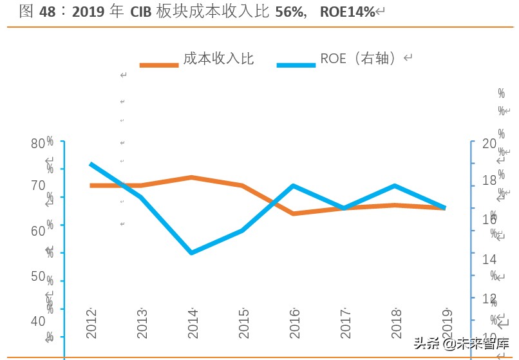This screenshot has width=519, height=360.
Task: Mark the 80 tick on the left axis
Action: (x=39, y=143)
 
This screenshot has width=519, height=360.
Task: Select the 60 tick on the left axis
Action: (x=39, y=230)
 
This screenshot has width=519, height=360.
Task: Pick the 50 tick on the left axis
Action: (x=39, y=276)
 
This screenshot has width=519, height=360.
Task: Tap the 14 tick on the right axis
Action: (x=489, y=258)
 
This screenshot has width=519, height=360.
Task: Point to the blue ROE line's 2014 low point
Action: (x=192, y=252)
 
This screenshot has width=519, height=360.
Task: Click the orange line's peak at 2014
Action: (x=192, y=177)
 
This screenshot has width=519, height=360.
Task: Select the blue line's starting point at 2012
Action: (x=91, y=164)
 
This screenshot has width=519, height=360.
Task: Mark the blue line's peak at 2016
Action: (x=294, y=186)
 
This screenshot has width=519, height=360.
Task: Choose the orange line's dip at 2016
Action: (x=294, y=213)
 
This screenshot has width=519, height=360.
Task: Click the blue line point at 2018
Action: (x=395, y=186)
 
